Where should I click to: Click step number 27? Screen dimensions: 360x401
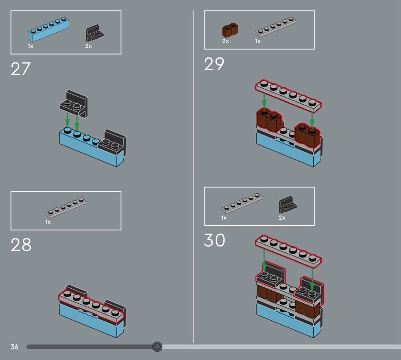coord(21,69)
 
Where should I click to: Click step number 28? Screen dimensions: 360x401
coord(21,245)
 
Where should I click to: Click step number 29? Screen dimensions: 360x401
coord(214,64)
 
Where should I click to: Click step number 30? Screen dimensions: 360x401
coord(214,241)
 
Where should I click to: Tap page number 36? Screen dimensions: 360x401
coord(14,347)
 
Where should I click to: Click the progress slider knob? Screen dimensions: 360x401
coord(157,347)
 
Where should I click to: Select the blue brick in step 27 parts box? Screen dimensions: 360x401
coord(48,30)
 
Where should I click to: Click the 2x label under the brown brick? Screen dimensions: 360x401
coord(225,41)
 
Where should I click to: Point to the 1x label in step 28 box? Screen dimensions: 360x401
coord(48,222)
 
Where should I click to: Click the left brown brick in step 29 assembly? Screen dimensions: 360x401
coord(268,121)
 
